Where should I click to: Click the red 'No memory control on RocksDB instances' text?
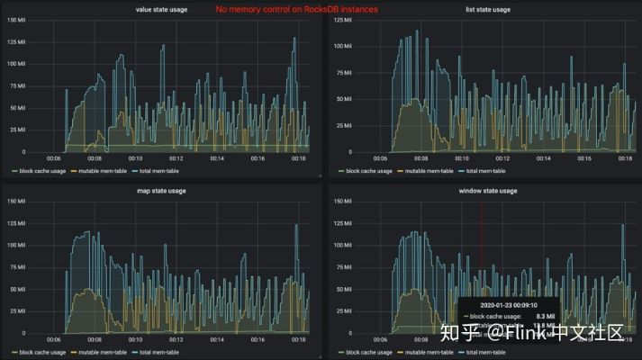[297, 9]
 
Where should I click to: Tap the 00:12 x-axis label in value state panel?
[176, 158]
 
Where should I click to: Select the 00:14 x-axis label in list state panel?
[541, 158]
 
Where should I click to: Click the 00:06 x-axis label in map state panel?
[54, 339]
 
